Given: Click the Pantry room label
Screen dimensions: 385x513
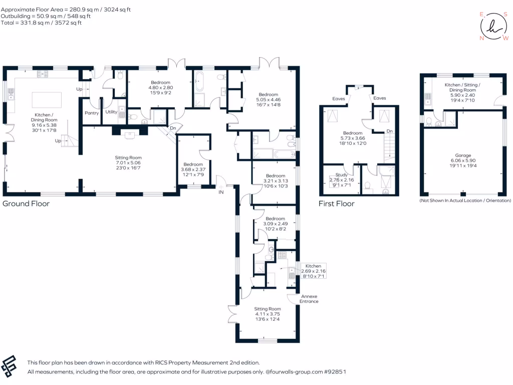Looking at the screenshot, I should click(x=92, y=113).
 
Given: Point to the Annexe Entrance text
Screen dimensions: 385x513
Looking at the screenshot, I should click(x=309, y=299).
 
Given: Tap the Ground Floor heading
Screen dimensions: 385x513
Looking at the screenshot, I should click(x=26, y=204).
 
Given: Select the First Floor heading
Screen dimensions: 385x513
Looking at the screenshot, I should click(x=337, y=204).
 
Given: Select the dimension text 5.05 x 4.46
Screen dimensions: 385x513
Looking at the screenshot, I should click(x=269, y=100).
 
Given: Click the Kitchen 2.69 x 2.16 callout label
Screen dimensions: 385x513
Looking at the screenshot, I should click(x=313, y=271).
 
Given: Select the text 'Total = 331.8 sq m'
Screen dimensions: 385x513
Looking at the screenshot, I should click(x=30, y=23).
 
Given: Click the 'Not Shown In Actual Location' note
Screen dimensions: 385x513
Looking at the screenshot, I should click(x=465, y=201).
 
